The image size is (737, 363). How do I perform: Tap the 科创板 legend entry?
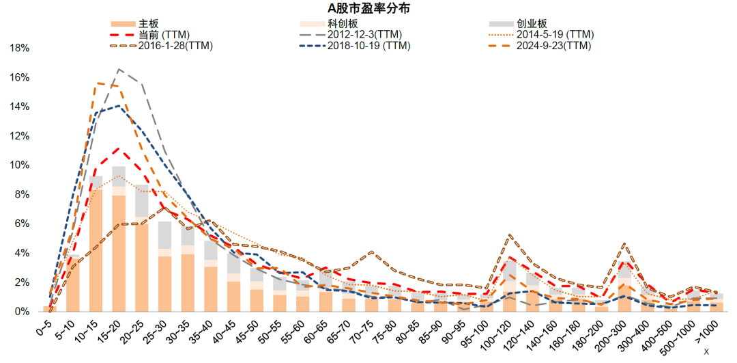328,23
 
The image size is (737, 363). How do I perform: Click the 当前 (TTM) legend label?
149,34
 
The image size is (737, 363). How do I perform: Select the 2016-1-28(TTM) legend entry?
162,46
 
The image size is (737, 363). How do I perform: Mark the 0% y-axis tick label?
23,312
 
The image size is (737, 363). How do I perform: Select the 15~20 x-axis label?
113,329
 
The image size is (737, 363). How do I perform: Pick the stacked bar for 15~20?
119,239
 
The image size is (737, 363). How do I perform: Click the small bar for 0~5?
50,309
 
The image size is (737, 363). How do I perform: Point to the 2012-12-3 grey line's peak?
119,69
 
